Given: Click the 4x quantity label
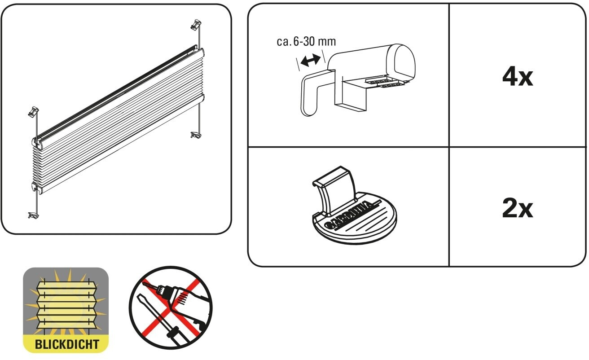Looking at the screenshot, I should point(518,77).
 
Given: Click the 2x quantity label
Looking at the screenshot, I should point(517,209).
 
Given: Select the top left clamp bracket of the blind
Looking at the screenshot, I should point(34,110).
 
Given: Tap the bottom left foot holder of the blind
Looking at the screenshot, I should point(34,215).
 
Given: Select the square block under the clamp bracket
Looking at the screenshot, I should point(352,97).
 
